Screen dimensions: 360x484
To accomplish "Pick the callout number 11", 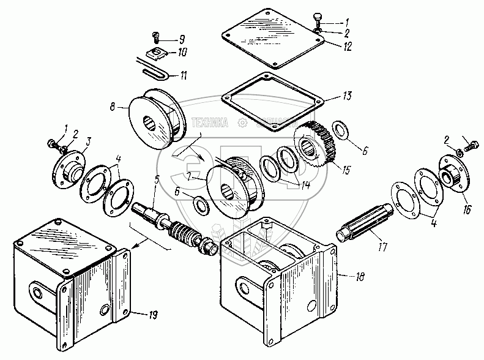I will (182, 76).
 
